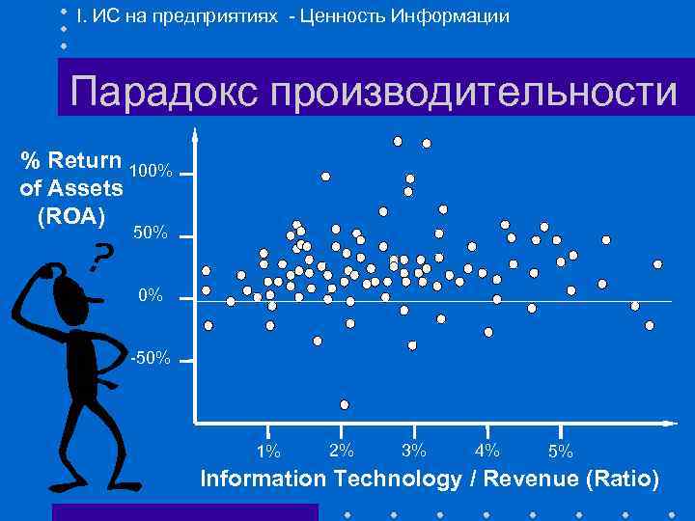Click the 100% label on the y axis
[150, 172]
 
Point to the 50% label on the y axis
[150, 234]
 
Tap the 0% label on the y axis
[150, 296]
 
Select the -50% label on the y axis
[150, 360]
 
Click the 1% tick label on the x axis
[268, 451]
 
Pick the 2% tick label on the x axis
[341, 450]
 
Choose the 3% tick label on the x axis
[414, 450]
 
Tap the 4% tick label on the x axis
[487, 450]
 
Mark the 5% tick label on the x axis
[560, 451]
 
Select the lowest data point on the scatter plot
[345, 404]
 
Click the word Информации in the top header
[448, 16]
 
